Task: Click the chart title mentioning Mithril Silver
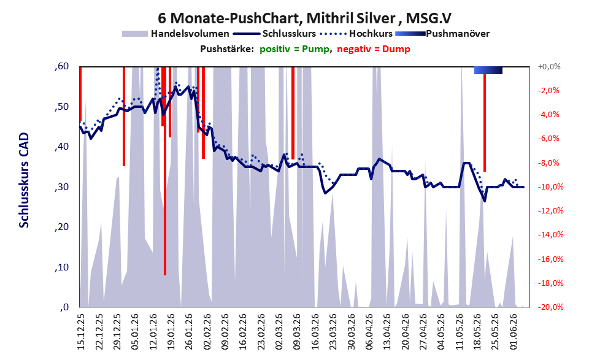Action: point(304,18)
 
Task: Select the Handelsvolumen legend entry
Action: point(175,34)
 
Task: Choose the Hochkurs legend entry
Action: point(356,34)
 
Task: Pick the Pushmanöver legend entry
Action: point(442,34)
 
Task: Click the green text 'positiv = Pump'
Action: point(294,49)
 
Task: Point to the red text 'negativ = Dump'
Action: point(374,49)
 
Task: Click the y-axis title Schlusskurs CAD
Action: point(24,180)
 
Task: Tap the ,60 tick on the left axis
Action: point(61,66)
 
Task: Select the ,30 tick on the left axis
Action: point(61,187)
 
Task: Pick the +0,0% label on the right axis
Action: point(550,67)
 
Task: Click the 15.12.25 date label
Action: point(81,331)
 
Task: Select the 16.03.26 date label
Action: point(315,331)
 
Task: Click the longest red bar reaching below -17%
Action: point(165,170)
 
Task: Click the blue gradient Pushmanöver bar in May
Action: point(488,70)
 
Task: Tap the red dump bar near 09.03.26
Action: point(293,113)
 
